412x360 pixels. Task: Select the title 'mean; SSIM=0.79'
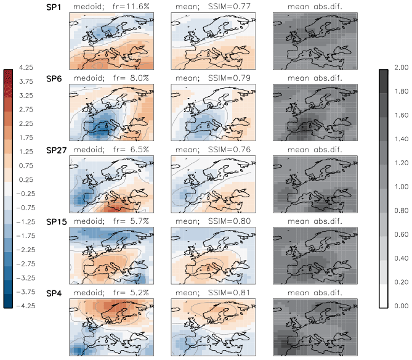(x=212, y=78)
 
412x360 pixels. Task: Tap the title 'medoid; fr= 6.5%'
(x=110, y=150)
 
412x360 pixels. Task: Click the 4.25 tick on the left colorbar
(x=25, y=67)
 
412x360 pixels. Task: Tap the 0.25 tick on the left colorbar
(x=25, y=179)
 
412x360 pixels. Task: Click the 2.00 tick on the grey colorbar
(x=401, y=67)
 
